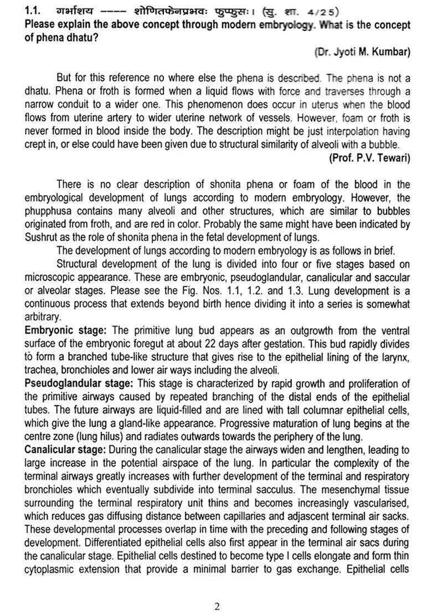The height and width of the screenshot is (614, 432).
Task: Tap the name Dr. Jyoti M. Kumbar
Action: coord(362,52)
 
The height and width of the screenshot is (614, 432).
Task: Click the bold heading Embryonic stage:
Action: coord(65,330)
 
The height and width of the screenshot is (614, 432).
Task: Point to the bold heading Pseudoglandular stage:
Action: coord(78,383)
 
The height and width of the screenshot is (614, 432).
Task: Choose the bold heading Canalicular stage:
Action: coord(66,449)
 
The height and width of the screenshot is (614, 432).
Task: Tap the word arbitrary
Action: coord(43,317)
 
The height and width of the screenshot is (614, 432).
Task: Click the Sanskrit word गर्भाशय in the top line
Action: coord(75,11)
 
